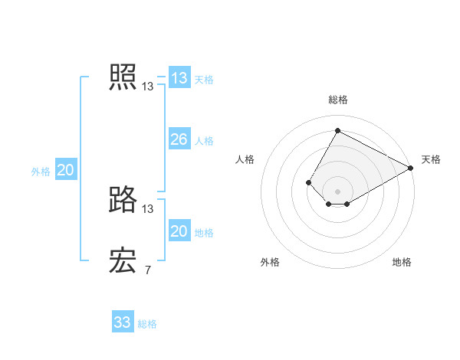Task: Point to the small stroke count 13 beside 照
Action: [x=147, y=87]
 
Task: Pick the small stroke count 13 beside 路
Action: [x=147, y=209]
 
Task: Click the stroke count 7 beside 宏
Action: [x=147, y=270]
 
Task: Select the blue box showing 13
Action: [x=179, y=78]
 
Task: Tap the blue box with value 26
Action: [x=179, y=139]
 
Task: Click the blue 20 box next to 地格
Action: [x=179, y=231]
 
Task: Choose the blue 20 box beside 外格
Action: [x=66, y=170]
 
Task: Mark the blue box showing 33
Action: [x=123, y=322]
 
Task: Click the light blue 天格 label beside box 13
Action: [x=204, y=79]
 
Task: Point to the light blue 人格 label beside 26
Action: [x=204, y=140]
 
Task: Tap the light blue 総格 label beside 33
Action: [x=147, y=323]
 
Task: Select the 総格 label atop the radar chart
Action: [x=338, y=100]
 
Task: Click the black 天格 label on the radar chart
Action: [x=431, y=159]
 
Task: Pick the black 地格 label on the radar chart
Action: [x=402, y=262]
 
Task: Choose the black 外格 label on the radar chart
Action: [x=270, y=262]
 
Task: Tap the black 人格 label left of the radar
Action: [x=245, y=159]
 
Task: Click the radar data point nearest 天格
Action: [x=412, y=169]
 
